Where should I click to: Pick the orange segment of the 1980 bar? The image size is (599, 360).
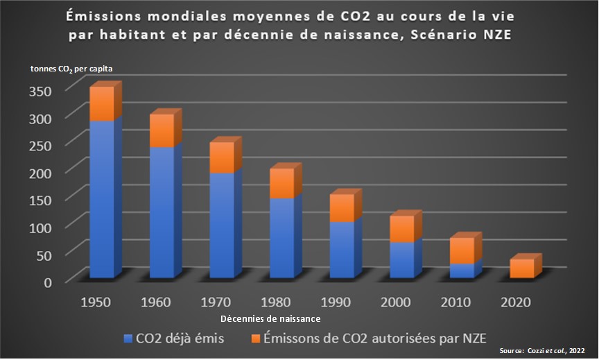click(281, 183)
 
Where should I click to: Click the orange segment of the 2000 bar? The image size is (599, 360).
click(401, 229)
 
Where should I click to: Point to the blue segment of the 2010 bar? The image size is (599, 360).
click(461, 271)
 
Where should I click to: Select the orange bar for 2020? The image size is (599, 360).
click(521, 268)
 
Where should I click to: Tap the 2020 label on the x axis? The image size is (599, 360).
click(516, 302)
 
